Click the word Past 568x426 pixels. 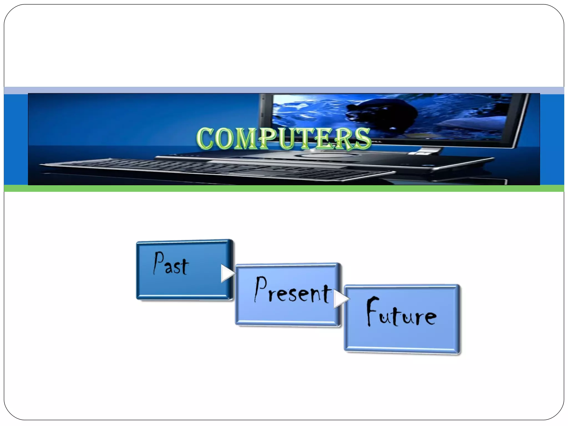tap(171, 264)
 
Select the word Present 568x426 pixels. tap(293, 290)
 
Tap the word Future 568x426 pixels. tap(401, 312)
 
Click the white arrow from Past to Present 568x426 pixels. tap(228, 273)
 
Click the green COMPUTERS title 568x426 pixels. tap(283, 138)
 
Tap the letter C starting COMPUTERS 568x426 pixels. tap(205, 138)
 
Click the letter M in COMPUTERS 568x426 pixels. tap(247, 139)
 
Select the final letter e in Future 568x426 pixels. tap(430, 317)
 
